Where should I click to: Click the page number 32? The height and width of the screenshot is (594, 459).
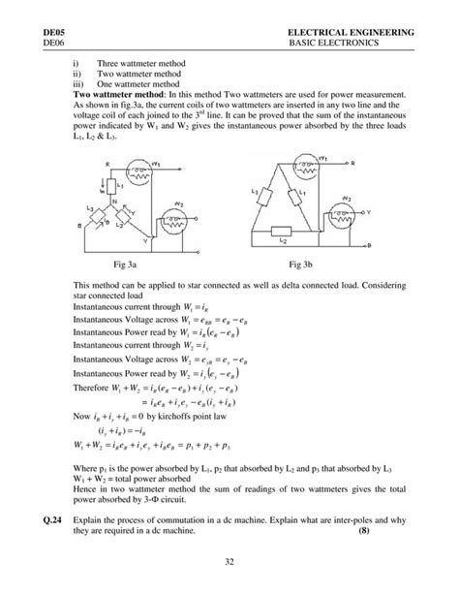(x=229, y=560)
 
